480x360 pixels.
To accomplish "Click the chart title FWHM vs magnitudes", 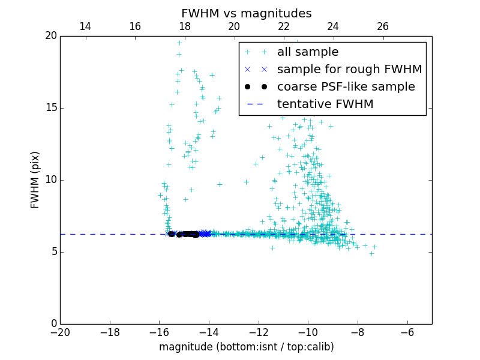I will pos(246,13).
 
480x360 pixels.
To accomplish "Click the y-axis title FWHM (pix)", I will pos(35,180).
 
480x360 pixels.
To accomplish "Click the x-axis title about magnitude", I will pos(246,347).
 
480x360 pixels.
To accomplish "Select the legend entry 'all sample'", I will pos(307,52).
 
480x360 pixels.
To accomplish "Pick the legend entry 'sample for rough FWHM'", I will pos(349,69).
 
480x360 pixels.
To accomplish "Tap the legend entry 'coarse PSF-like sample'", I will pos(346,86).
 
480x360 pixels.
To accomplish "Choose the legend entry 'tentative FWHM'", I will pos(325,104).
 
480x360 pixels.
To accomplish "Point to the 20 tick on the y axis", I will pos(50,36).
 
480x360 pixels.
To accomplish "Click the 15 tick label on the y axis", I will pos(50,108).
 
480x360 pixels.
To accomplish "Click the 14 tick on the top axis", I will pos(85,26).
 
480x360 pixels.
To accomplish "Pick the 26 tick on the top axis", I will pos(383,26).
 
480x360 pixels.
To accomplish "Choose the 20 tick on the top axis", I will pos(234,26).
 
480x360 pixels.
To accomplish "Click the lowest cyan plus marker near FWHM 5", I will pos(371,253).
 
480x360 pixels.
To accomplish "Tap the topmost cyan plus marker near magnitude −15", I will pos(179,43).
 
